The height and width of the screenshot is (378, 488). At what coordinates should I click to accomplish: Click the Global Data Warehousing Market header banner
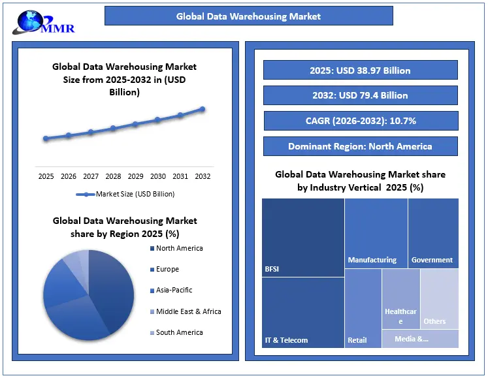click(x=249, y=16)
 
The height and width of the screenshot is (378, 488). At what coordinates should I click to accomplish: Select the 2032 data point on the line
click(x=203, y=109)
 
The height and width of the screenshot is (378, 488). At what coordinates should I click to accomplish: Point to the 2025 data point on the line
click(x=46, y=138)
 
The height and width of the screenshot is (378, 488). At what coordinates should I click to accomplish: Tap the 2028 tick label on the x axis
click(x=113, y=176)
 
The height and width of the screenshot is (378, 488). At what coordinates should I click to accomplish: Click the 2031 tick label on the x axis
click(x=180, y=176)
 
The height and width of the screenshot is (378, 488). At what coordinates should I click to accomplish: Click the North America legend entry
click(x=179, y=248)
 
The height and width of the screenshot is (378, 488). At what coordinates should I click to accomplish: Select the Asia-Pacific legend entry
click(x=174, y=290)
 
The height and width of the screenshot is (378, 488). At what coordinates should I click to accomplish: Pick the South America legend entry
click(x=179, y=332)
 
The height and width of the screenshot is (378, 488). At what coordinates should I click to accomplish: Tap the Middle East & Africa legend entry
click(x=188, y=311)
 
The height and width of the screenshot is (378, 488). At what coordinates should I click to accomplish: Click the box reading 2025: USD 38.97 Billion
click(x=361, y=70)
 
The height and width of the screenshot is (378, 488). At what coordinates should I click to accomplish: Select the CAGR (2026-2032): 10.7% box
click(x=361, y=121)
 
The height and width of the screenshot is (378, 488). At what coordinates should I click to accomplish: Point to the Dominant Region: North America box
click(x=361, y=146)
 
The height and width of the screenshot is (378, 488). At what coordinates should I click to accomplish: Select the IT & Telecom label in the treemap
click(x=286, y=340)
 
